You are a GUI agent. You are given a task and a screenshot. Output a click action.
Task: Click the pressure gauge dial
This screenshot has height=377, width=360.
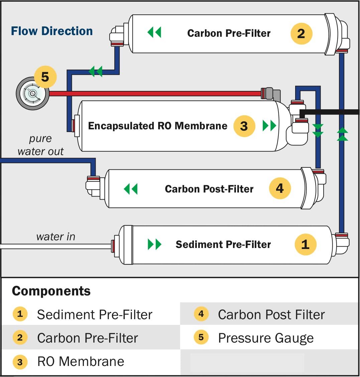click(x=32, y=94)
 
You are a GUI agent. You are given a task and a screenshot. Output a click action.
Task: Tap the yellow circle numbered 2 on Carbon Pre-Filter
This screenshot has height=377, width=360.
click(x=301, y=33)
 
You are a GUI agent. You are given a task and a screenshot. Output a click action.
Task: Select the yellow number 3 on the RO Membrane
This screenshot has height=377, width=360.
click(x=244, y=126)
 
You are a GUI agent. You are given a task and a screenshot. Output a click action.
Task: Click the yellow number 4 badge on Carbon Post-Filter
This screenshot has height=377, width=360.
click(x=280, y=188)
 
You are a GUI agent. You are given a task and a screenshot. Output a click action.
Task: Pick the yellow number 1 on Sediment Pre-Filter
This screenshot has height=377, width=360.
click(x=305, y=244)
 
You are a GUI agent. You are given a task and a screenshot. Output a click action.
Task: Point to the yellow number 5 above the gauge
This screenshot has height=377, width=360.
click(x=45, y=77)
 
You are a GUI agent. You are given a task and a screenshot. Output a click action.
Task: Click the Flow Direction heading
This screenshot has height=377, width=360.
click(x=52, y=31)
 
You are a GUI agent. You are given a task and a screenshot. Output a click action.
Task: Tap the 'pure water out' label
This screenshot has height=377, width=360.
click(x=40, y=145)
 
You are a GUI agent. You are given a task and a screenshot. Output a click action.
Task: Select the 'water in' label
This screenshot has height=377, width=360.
click(x=55, y=237)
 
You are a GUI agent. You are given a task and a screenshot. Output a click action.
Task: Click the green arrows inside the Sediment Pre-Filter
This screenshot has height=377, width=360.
click(x=154, y=244)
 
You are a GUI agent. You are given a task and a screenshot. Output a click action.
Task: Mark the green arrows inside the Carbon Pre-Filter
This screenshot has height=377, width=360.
click(x=154, y=33)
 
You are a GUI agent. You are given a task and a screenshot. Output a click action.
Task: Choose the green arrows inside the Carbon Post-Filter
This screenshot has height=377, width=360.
click(x=130, y=189)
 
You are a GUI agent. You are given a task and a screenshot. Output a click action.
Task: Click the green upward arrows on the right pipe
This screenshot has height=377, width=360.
click(x=342, y=134)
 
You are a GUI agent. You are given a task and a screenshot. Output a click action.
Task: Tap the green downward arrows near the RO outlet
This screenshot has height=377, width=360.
click(x=318, y=131)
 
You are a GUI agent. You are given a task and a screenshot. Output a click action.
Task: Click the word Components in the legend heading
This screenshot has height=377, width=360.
click(x=51, y=291)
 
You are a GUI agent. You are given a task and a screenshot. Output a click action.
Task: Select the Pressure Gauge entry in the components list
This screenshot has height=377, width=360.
click(x=266, y=338)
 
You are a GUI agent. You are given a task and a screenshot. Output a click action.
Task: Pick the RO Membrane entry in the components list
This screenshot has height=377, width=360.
click(x=81, y=362)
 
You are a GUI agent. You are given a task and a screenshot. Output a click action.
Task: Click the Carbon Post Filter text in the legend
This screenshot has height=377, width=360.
click(x=271, y=315)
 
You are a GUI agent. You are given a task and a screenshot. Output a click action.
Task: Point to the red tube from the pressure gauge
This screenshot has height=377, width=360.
click(x=154, y=94)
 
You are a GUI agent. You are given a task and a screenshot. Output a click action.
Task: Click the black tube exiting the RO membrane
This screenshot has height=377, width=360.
click(x=331, y=112)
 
